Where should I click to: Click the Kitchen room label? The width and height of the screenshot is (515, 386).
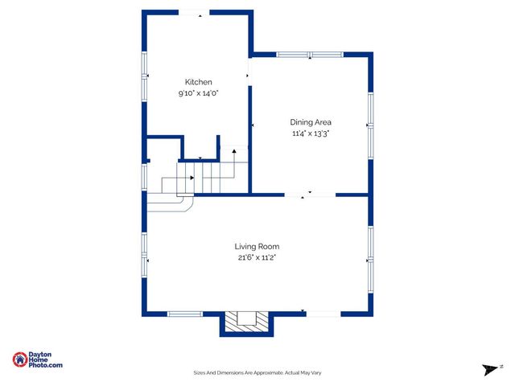(x=199, y=82)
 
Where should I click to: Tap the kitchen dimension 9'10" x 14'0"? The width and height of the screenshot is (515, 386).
(x=199, y=93)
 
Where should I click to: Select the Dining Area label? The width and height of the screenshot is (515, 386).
(x=311, y=122)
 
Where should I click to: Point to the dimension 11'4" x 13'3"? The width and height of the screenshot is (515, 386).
(x=311, y=133)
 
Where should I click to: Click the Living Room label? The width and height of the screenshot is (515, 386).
(x=257, y=246)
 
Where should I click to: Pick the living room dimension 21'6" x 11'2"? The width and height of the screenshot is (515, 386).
(x=257, y=258)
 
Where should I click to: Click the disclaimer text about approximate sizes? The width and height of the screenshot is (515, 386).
(x=257, y=372)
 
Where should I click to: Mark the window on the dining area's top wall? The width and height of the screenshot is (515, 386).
(x=311, y=55)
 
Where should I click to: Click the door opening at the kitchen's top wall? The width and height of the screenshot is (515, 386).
(x=194, y=12)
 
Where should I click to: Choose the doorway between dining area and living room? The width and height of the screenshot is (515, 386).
(x=310, y=194)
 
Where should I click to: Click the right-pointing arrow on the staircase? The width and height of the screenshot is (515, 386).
(x=191, y=178)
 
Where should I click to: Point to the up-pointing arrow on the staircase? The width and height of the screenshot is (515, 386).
(x=234, y=150)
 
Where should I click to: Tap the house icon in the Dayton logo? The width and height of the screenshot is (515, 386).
(x=19, y=359)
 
